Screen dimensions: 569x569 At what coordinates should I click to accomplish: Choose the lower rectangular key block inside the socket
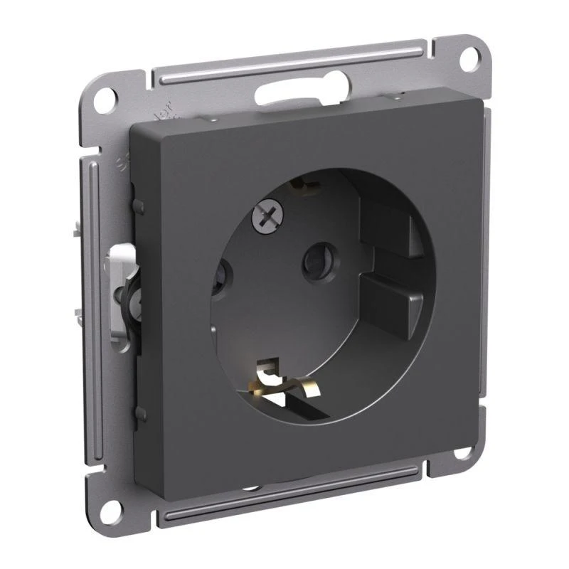pos(392,299)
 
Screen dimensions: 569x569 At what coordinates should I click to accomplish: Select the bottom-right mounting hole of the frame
pos(463,454)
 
